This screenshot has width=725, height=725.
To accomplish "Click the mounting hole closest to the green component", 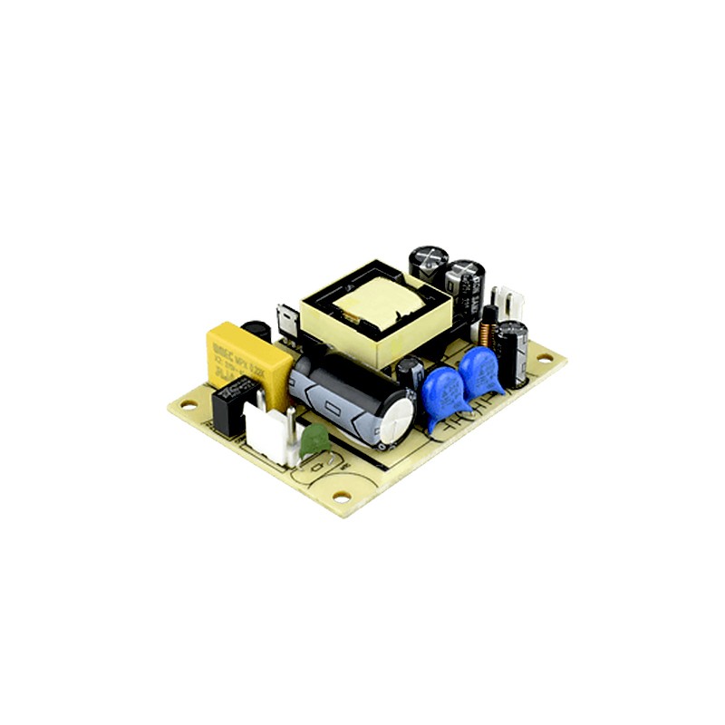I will click(x=340, y=496).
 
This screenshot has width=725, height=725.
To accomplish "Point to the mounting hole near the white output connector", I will click(x=543, y=358).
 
